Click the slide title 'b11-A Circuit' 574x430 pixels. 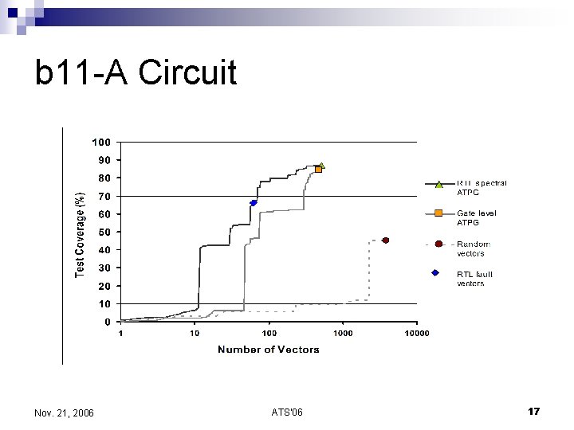136,73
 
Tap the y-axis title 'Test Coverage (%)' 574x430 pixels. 80,235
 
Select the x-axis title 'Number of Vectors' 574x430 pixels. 269,350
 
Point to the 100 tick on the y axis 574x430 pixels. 101,143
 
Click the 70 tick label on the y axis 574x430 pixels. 104,196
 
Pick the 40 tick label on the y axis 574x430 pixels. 104,250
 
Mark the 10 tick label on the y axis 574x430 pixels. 104,304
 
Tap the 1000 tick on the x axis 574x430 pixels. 343,333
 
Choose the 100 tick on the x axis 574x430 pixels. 269,333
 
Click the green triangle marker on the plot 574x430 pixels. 321,166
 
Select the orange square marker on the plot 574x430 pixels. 318,170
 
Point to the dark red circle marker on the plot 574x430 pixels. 385,240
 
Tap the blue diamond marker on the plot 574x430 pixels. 254,203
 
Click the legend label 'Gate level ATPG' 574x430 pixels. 477,218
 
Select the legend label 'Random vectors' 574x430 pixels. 474,248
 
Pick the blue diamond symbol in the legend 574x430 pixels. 435,273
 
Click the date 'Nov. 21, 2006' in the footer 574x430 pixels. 65,412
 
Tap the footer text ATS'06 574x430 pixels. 287,412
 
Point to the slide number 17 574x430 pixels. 534,411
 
